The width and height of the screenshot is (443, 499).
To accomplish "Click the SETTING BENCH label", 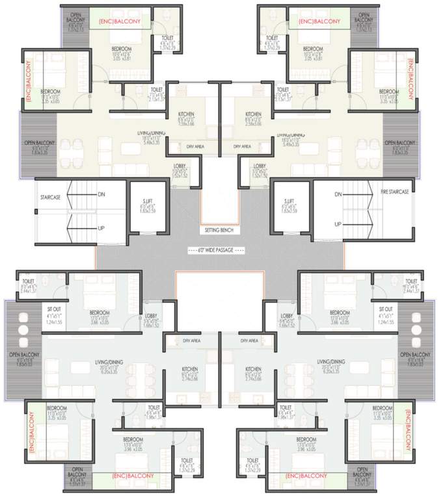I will pyautogui.click(x=221, y=230).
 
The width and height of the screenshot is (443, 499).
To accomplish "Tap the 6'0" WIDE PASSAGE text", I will pyautogui.click(x=215, y=249).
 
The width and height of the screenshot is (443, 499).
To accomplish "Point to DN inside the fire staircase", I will pyautogui.click(x=338, y=194).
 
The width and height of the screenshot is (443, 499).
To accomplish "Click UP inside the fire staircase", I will pyautogui.click(x=338, y=224).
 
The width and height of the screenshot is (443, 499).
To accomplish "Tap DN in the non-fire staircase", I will pyautogui.click(x=101, y=194).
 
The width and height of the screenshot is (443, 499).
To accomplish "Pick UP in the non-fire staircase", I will pyautogui.click(x=101, y=228).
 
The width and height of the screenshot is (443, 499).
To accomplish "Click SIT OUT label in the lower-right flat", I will pyautogui.click(x=385, y=309).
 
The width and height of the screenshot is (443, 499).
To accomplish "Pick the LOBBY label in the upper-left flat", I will pyautogui.click(x=180, y=166).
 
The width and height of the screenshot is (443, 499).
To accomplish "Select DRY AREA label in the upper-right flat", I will pyautogui.click(x=242, y=147).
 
